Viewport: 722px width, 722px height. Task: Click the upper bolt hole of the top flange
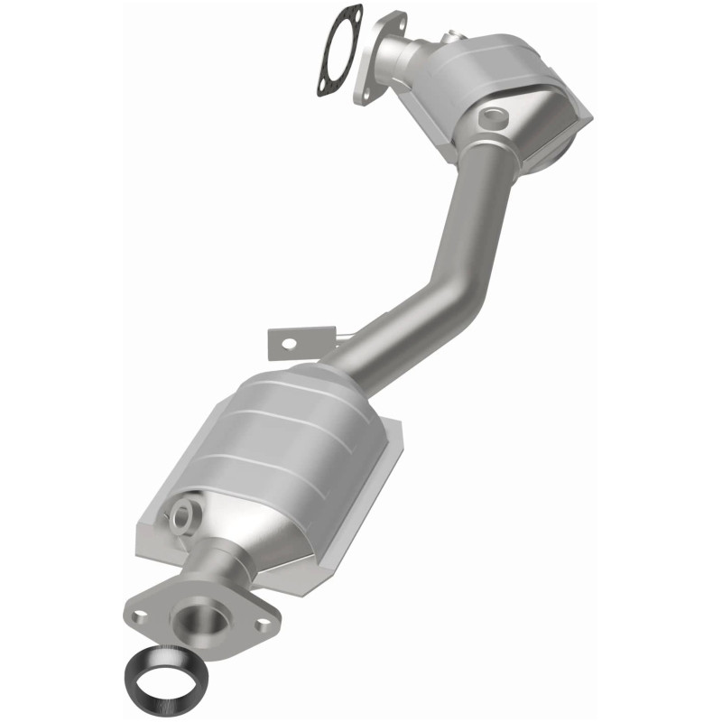click(x=394, y=19)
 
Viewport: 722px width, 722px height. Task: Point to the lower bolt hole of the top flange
click(x=366, y=88)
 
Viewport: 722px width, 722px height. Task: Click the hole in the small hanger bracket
click(x=288, y=344)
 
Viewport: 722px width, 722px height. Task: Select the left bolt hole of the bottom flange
click(x=140, y=616)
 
